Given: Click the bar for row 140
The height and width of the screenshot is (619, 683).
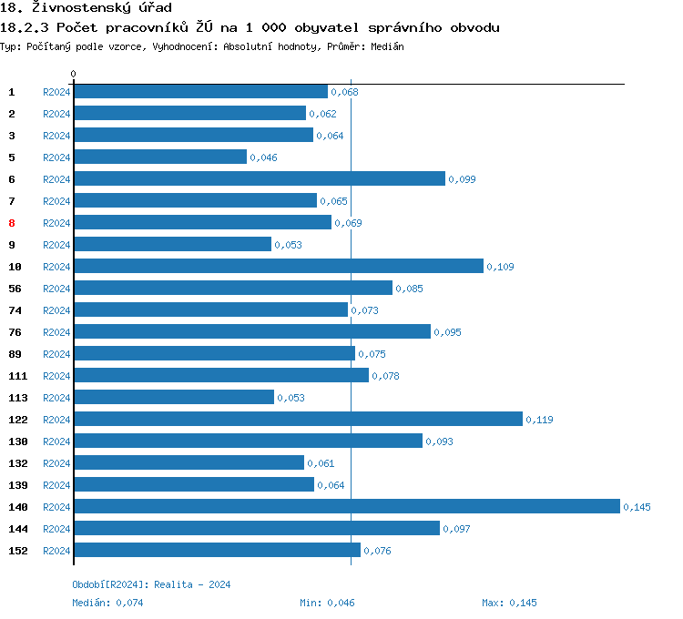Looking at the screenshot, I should pyautogui.click(x=346, y=506).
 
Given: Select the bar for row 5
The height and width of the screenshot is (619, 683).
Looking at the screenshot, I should pyautogui.click(x=160, y=157).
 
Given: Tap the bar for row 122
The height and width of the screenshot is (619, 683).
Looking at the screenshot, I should pyautogui.click(x=298, y=419).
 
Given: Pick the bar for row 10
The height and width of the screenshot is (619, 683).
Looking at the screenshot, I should pyautogui.click(x=279, y=266).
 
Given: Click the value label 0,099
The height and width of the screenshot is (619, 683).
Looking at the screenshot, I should pyautogui.click(x=462, y=179).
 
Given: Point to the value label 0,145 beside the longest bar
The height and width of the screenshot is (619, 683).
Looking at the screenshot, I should pyautogui.click(x=637, y=507).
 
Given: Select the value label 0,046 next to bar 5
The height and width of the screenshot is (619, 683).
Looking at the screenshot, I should pyautogui.click(x=263, y=157).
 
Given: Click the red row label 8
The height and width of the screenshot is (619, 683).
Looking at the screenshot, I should pyautogui.click(x=12, y=223).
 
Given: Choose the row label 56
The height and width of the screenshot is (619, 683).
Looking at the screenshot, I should pyautogui.click(x=15, y=289).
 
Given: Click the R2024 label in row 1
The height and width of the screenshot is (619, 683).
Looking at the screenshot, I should pyautogui.click(x=56, y=92).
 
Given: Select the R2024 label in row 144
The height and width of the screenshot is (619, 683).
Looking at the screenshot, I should pyautogui.click(x=56, y=529).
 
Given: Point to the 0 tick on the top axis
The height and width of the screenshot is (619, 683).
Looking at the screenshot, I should pyautogui.click(x=74, y=74).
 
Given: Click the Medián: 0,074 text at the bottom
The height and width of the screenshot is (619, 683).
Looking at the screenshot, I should pyautogui.click(x=107, y=603).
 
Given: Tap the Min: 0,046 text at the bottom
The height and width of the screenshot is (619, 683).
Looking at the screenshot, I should pyautogui.click(x=327, y=603).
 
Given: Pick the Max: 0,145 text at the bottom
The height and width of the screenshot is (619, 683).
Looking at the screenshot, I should pyautogui.click(x=509, y=603).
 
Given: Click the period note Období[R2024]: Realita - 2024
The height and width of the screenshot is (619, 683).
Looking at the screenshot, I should pyautogui.click(x=151, y=584).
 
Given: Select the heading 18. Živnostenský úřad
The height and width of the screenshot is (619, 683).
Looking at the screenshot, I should pyautogui.click(x=87, y=8).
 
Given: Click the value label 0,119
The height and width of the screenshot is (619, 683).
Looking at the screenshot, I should pyautogui.click(x=539, y=420).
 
